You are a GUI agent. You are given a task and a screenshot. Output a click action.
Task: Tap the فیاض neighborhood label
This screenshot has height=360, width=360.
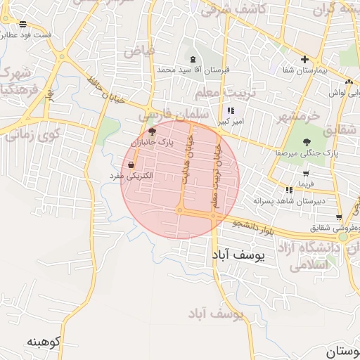tap(138, 51)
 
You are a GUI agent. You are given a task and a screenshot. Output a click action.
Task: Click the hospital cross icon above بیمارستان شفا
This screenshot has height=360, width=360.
tap(304, 60)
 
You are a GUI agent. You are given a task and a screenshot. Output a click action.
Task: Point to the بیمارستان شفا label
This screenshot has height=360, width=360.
tap(305, 70)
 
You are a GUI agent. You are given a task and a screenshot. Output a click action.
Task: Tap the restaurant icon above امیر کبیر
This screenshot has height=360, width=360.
tap(230, 110)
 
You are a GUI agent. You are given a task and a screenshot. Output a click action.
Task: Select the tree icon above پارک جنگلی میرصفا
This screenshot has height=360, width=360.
tap(307, 142)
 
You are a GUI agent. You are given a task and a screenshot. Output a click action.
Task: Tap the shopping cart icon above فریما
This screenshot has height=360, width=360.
tap(305, 174)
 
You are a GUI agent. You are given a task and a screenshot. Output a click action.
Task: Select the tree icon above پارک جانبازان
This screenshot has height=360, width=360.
tap(152, 131)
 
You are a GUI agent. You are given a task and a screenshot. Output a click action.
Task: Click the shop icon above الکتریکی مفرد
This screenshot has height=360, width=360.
tap(131, 165)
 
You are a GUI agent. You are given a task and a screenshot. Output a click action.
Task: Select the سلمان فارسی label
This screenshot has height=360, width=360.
tap(174, 113)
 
